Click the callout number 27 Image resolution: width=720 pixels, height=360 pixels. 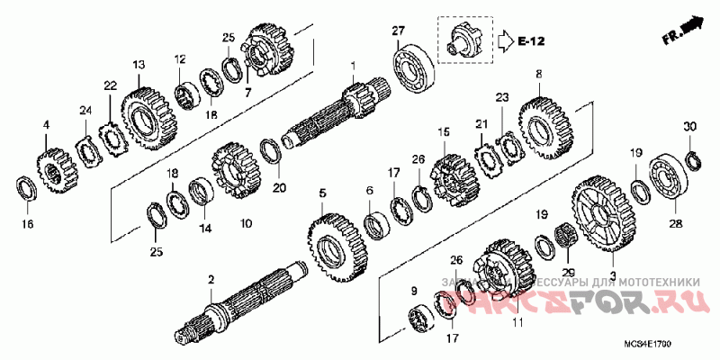point(399,32)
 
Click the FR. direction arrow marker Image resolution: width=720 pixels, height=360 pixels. point(683,29)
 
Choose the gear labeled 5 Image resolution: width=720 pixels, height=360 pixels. point(337,245)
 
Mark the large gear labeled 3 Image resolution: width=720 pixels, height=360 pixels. point(601,211)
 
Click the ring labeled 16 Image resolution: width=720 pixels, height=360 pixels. point(26,190)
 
